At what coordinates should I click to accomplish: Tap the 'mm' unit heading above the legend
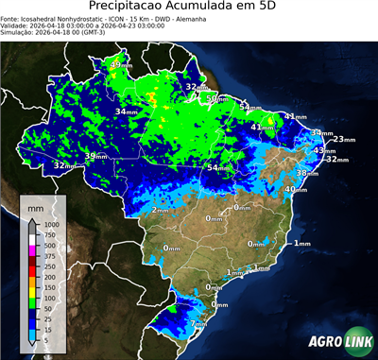click(34, 204)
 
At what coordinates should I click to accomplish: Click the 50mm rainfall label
click(217, 98)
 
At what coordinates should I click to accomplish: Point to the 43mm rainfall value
click(324, 150)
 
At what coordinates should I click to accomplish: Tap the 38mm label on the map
click(307, 173)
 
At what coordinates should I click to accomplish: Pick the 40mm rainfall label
click(297, 189)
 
